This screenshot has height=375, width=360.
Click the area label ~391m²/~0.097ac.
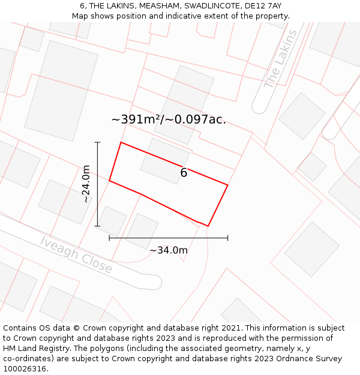(169, 119)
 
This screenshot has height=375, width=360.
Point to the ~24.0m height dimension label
(86, 184)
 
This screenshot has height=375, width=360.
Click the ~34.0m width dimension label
(169, 250)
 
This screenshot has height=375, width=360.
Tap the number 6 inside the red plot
(184, 173)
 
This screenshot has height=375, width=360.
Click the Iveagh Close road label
(76, 254)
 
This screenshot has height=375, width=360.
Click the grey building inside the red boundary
(164, 160)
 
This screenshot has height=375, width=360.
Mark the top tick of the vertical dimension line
(97, 142)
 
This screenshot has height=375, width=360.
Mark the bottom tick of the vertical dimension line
(97, 226)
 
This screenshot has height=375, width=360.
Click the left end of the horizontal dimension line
(109, 238)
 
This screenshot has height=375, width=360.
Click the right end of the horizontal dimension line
(228, 238)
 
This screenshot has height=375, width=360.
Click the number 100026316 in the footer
(25, 369)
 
